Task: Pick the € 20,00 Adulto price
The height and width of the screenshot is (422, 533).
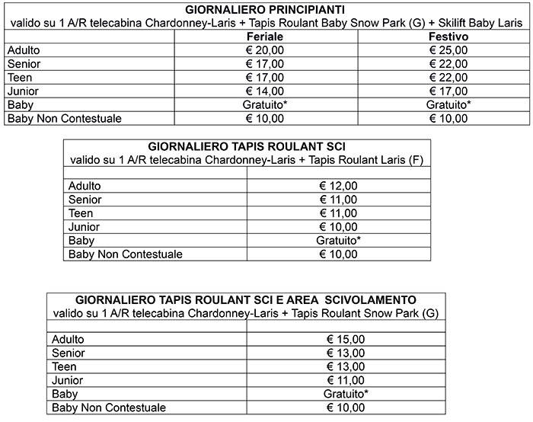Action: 266,50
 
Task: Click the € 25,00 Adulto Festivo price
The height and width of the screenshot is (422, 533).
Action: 448,50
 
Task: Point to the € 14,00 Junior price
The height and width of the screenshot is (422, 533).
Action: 266,91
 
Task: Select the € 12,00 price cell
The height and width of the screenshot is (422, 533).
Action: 339,186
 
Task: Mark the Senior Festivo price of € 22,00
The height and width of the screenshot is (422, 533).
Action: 448,64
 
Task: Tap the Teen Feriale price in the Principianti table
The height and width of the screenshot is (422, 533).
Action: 266,77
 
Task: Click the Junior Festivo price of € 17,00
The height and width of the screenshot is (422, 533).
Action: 448,91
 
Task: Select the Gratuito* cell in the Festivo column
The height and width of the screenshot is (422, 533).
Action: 448,104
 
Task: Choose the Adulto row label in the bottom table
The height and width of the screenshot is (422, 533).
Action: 68,339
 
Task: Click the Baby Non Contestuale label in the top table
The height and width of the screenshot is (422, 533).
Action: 64,118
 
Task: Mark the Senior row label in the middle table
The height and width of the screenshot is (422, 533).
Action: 85,200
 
